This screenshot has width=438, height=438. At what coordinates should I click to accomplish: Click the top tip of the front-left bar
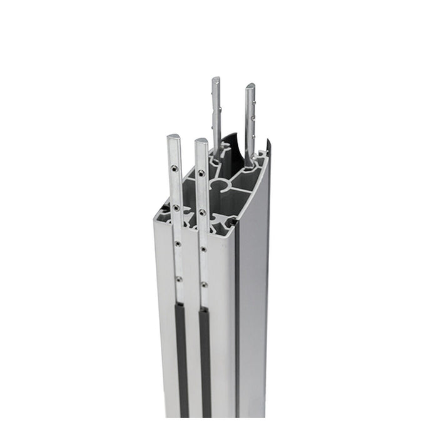[x=173, y=137]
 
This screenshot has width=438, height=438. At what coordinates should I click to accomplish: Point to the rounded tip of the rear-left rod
[x=216, y=80]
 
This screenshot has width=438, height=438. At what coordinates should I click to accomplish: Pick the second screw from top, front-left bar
[x=176, y=206]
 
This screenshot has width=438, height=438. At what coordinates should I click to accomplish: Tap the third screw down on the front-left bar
[x=178, y=243]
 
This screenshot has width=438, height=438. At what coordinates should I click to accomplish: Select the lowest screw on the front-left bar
[x=178, y=278]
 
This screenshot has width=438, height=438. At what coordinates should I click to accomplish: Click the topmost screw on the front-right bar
[x=201, y=173]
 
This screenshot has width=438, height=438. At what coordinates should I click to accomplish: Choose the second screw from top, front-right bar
[x=203, y=212]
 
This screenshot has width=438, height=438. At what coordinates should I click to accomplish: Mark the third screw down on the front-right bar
[x=203, y=249]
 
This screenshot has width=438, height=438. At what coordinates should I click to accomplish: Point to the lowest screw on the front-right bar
[x=204, y=285]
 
